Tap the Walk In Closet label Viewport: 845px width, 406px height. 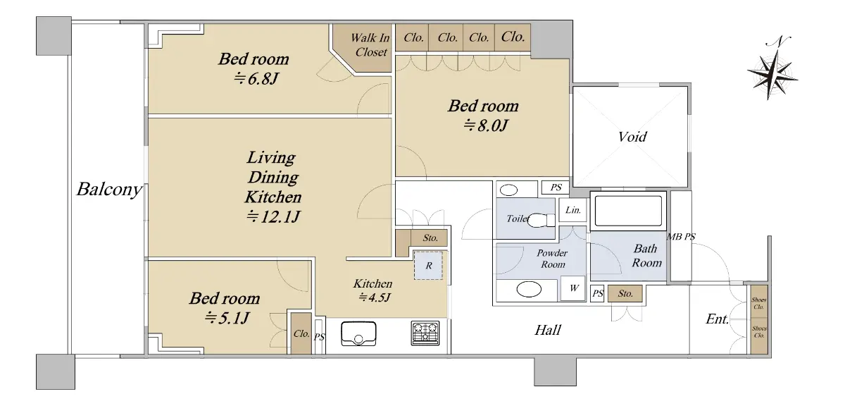[370, 44]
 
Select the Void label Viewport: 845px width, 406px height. [632, 136]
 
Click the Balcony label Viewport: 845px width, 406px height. [109, 189]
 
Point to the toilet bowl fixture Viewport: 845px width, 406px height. [540, 220]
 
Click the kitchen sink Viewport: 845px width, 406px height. [358, 333]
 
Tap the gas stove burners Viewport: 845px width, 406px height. [425, 333]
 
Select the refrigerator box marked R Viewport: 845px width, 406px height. [428, 265]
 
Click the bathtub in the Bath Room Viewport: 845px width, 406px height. [628, 210]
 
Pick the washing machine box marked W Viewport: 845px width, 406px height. [572, 288]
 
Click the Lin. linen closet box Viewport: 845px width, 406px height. [572, 210]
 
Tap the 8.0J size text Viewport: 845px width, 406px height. [486, 125]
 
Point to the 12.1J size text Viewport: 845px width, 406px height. [273, 217]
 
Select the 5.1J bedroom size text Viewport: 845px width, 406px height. [226, 319]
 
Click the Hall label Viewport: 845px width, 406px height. [548, 330]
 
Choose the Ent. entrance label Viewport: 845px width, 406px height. [717, 319]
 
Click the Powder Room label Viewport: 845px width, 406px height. [552, 258]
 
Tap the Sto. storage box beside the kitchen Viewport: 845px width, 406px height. [430, 238]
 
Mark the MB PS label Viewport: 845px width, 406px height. [681, 237]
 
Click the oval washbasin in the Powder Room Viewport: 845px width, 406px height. [529, 290]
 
